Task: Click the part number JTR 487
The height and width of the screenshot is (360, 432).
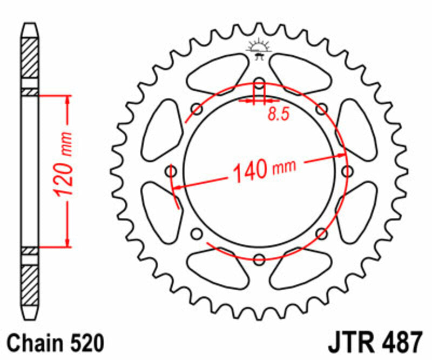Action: tap(374, 343)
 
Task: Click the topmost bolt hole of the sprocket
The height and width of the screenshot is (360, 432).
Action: tap(259, 84)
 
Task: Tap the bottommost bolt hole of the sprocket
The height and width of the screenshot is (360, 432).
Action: tap(259, 258)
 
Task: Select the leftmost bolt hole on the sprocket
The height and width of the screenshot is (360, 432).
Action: tap(172, 171)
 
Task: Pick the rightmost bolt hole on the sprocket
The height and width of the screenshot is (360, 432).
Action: tap(346, 171)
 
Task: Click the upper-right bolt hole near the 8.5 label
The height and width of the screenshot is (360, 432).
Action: tap(322, 109)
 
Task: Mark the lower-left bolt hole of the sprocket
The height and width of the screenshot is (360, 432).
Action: tap(197, 233)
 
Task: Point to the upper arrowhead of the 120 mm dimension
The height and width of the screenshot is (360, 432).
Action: tap(68, 100)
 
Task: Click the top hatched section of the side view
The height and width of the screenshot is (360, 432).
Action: tap(30, 56)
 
